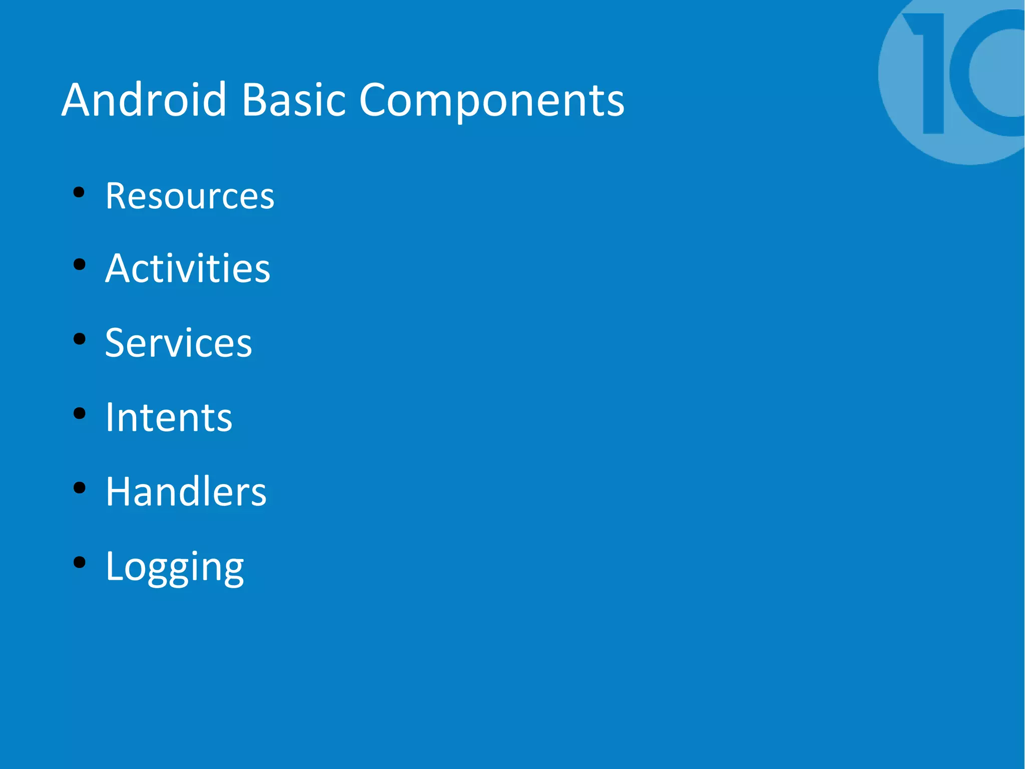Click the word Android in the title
click(x=144, y=100)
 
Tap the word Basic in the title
click(x=293, y=100)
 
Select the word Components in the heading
click(x=491, y=100)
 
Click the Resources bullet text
click(x=190, y=196)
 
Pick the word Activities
click(x=188, y=269)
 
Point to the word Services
click(x=179, y=343)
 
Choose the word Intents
click(x=169, y=417)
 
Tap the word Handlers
click(x=186, y=491)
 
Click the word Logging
click(x=175, y=566)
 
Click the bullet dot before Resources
click(x=79, y=192)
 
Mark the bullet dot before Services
click(x=79, y=339)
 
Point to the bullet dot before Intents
click(x=79, y=413)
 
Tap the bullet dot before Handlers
click(x=79, y=488)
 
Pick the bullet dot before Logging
click(x=79, y=562)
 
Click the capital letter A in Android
click(x=81, y=100)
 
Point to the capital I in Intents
click(x=110, y=417)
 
